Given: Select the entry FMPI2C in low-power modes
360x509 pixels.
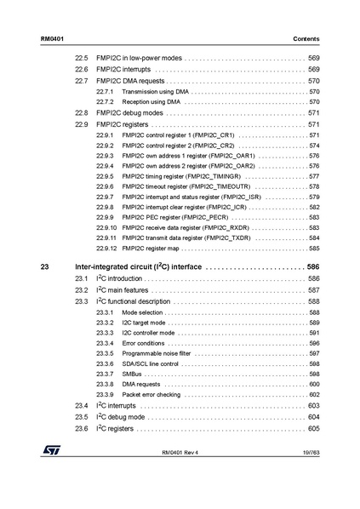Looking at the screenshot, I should pos(139,58).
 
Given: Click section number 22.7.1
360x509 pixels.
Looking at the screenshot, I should pos(105,91).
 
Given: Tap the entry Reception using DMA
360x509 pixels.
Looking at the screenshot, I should pos(151,102).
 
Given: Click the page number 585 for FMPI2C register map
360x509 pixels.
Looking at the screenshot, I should pos(313,249).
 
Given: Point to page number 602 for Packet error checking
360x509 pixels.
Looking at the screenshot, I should pos(313,395).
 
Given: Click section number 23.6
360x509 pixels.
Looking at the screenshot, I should pos(82,428).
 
